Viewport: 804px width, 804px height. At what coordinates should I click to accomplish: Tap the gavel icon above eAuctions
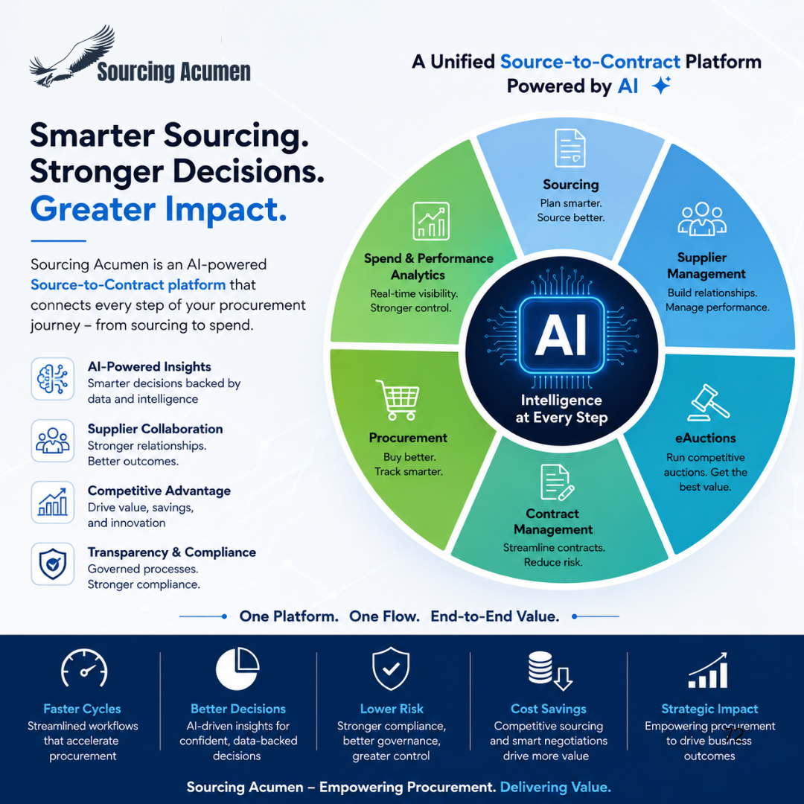pyautogui.click(x=708, y=403)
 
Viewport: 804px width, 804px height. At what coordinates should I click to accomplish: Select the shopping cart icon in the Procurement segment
pyautogui.click(x=398, y=400)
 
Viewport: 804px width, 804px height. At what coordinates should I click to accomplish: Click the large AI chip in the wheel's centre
pyautogui.click(x=561, y=335)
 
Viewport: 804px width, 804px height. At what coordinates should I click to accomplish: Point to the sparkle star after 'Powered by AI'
pyautogui.click(x=662, y=85)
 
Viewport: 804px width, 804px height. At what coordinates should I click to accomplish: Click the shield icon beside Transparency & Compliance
pyautogui.click(x=53, y=564)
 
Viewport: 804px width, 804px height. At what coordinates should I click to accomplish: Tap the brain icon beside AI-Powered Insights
pyautogui.click(x=53, y=379)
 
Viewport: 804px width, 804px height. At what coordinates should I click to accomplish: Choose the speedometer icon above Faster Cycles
pyautogui.click(x=84, y=668)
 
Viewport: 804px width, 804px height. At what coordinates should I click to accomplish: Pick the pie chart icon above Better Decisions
pyautogui.click(x=237, y=668)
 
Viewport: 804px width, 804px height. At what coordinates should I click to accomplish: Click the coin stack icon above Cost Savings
pyautogui.click(x=549, y=671)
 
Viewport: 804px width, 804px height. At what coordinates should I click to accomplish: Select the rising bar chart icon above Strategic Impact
pyautogui.click(x=708, y=670)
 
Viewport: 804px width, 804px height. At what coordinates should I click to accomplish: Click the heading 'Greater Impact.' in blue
pyautogui.click(x=159, y=209)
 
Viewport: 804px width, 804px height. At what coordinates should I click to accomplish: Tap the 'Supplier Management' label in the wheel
pyautogui.click(x=706, y=266)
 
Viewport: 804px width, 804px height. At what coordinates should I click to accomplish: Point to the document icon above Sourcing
pyautogui.click(x=569, y=147)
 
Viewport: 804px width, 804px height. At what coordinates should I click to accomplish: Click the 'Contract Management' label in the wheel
pyautogui.click(x=552, y=521)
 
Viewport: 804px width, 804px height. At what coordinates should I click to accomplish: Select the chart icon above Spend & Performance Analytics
pyautogui.click(x=431, y=221)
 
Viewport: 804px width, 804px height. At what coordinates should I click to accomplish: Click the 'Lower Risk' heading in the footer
pyautogui.click(x=392, y=709)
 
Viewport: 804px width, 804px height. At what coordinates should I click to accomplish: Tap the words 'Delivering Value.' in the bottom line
pyautogui.click(x=555, y=787)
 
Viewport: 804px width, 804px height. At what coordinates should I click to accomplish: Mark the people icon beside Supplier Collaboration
pyautogui.click(x=53, y=441)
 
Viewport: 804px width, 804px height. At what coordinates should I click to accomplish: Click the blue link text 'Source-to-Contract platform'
pyautogui.click(x=128, y=284)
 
